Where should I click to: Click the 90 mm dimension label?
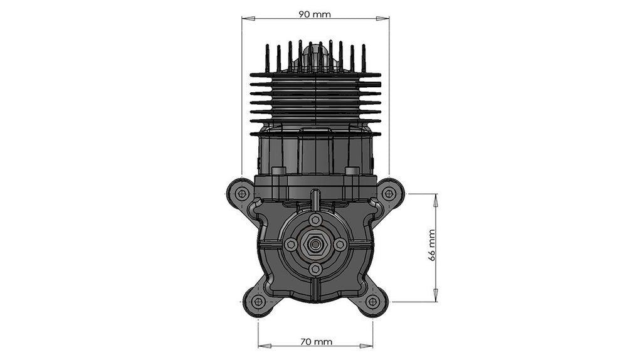click(315, 14)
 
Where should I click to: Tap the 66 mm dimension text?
click(432, 245)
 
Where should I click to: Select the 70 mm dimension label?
click(315, 342)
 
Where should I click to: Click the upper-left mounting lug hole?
click(241, 194)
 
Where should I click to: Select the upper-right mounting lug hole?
click(389, 194)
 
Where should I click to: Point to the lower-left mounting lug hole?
click(258, 302)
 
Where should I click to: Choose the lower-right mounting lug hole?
click(373, 302)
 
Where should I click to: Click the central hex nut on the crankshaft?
click(315, 245)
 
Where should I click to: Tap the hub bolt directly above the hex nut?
click(315, 220)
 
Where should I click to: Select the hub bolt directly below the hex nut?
click(315, 269)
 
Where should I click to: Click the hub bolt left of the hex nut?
click(291, 245)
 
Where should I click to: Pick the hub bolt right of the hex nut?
click(340, 245)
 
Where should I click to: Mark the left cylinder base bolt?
click(278, 171)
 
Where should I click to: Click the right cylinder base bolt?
click(352, 171)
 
